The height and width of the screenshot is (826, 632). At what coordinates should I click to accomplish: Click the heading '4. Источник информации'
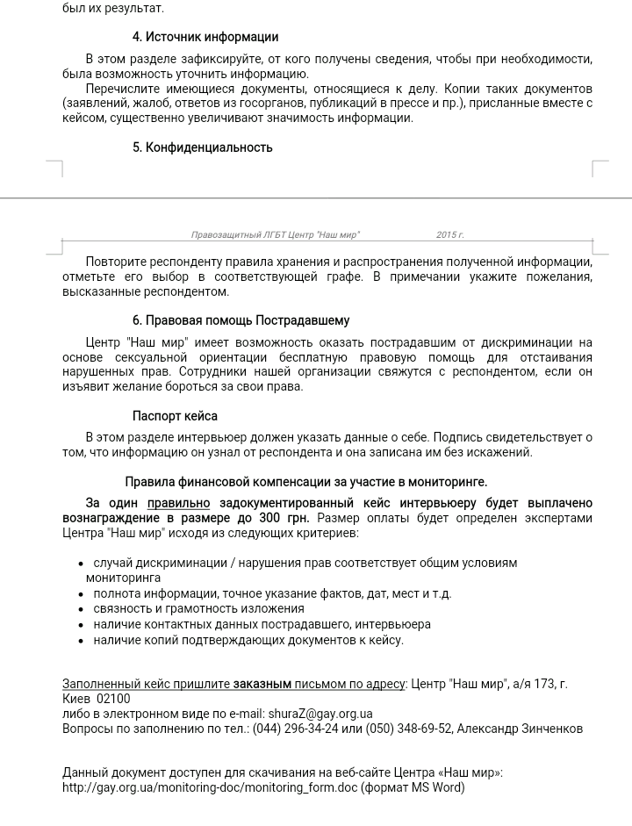[205, 37]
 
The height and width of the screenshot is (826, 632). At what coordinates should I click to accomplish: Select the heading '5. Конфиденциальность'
[203, 147]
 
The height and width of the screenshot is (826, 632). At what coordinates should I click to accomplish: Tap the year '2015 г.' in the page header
[449, 235]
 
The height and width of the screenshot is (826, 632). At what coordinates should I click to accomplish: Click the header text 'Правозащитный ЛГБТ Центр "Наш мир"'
[275, 235]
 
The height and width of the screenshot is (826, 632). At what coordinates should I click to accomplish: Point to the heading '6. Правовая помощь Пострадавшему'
[241, 320]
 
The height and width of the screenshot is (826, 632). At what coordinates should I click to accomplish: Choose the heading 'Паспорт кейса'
[175, 416]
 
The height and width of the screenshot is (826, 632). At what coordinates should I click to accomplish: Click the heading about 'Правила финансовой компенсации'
[305, 482]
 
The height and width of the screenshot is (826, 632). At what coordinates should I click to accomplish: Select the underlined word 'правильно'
[179, 503]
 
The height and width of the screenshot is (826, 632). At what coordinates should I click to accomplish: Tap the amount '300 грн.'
[284, 518]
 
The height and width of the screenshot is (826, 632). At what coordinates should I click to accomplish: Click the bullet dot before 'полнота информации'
[82, 594]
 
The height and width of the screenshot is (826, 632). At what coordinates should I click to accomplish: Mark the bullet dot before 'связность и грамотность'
[82, 609]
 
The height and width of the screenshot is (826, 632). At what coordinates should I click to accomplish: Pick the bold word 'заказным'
[262, 684]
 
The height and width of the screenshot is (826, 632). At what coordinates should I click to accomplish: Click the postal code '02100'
[113, 699]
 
